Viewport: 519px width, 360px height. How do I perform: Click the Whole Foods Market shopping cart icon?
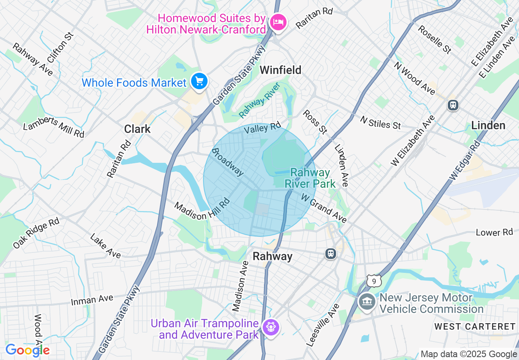pyautogui.click(x=199, y=81)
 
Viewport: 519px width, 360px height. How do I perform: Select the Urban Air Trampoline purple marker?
pyautogui.click(x=271, y=327)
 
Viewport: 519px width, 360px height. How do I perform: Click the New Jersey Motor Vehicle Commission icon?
pyautogui.click(x=367, y=302)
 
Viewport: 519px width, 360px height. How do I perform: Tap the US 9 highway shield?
pyautogui.click(x=374, y=281)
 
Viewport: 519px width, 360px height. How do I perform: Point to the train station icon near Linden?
pyautogui.click(x=453, y=105)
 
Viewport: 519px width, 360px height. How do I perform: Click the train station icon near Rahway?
pyautogui.click(x=331, y=254)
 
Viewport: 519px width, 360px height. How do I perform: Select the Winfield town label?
pyautogui.click(x=281, y=70)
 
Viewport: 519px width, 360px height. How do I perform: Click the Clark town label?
pyautogui.click(x=138, y=129)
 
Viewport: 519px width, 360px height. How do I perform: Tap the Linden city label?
pyautogui.click(x=488, y=125)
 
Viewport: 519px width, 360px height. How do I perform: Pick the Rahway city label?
pyautogui.click(x=273, y=256)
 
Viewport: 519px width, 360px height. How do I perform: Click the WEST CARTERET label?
pyautogui.click(x=475, y=326)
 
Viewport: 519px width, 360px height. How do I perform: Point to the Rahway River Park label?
pyautogui.click(x=310, y=178)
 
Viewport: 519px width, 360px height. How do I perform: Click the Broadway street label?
pyautogui.click(x=228, y=162)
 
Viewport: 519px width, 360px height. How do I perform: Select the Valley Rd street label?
pyautogui.click(x=263, y=128)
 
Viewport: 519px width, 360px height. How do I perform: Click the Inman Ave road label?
pyautogui.click(x=92, y=300)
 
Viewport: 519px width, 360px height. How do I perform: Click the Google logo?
pyautogui.click(x=27, y=351)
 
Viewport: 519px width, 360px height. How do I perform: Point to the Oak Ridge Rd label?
pyautogui.click(x=36, y=233)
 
